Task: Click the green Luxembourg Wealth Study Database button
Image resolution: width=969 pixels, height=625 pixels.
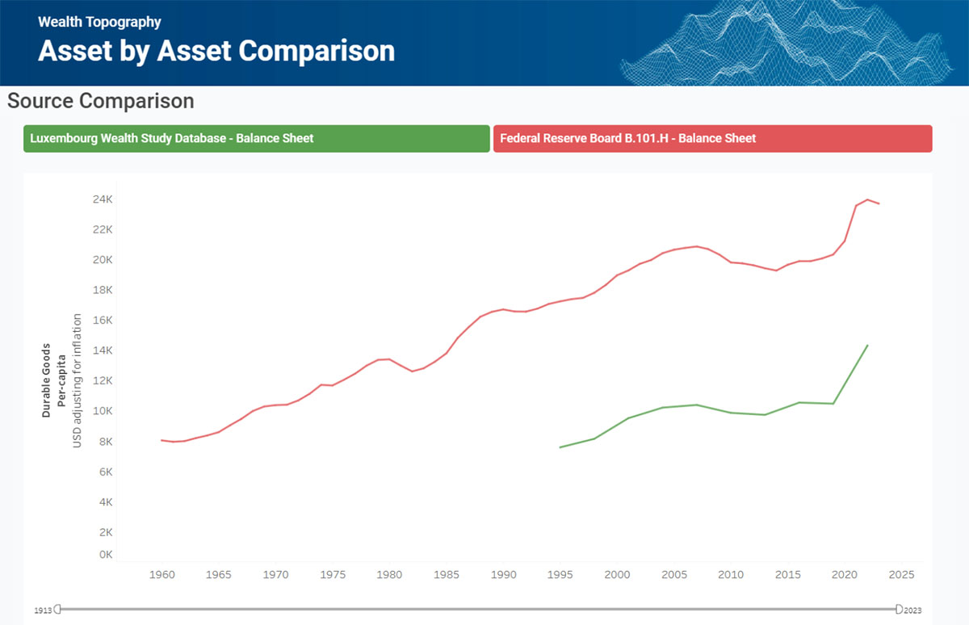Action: (257, 138)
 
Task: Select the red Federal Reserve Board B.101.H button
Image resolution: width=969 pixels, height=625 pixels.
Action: (712, 138)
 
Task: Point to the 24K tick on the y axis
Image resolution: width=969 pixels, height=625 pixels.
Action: (103, 199)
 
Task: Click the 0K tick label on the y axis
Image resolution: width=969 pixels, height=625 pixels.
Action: (106, 554)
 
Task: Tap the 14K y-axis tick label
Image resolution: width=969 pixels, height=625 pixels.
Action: (103, 350)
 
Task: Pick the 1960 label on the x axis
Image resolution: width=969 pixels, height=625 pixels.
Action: (162, 574)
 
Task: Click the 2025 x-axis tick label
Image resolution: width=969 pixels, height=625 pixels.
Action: (901, 574)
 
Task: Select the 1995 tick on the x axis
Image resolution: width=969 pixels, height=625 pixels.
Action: (560, 574)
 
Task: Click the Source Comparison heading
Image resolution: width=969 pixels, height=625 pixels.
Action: (101, 101)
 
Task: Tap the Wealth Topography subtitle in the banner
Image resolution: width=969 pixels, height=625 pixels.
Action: (99, 22)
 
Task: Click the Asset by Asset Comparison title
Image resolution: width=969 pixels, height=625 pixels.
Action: (216, 51)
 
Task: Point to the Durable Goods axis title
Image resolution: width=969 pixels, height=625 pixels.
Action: (46, 380)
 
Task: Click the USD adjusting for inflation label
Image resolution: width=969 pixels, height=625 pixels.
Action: (77, 380)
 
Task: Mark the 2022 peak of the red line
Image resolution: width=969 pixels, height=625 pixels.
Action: (867, 199)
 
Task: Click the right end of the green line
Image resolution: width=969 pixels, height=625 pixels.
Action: (867, 345)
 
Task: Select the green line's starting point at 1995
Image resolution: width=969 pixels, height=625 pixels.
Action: (560, 447)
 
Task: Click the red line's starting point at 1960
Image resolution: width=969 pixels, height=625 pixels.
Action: (161, 440)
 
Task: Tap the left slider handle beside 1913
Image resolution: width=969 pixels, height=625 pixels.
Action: (58, 609)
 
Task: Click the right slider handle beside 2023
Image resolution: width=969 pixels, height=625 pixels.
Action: (899, 609)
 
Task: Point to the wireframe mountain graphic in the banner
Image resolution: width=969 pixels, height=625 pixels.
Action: (787, 44)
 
